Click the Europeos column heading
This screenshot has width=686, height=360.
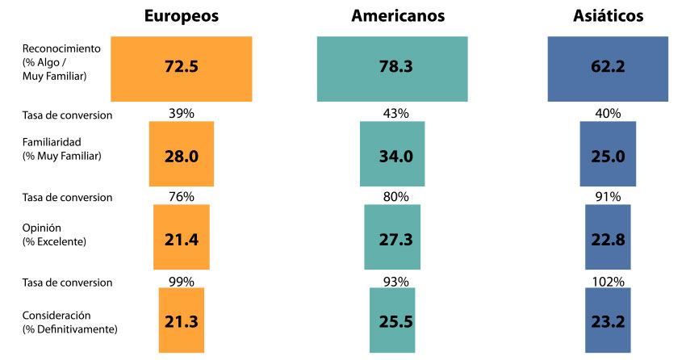[181, 16]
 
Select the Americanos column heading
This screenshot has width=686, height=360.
[398, 16]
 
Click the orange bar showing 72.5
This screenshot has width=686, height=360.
[181, 69]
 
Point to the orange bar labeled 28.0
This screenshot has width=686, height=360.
[182, 155]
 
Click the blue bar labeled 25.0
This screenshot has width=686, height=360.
[608, 155]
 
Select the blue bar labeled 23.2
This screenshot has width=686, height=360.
[608, 320]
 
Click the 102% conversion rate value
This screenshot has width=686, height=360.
[608, 282]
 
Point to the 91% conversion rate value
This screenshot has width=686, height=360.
[608, 196]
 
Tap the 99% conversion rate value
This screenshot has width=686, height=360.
[182, 282]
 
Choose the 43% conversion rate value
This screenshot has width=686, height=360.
[396, 114]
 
